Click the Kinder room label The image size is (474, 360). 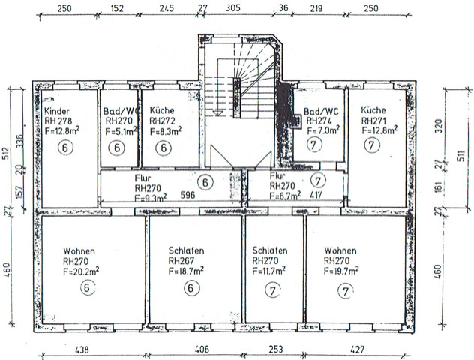(x=56, y=109)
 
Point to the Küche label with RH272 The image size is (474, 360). (x=163, y=109)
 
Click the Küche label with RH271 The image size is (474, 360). (x=373, y=109)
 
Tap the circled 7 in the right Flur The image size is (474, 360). (x=319, y=180)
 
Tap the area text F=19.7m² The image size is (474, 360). (x=340, y=271)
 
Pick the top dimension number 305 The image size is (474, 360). (x=232, y=10)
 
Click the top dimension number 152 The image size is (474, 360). (x=117, y=10)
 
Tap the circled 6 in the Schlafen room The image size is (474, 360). (x=191, y=287)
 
